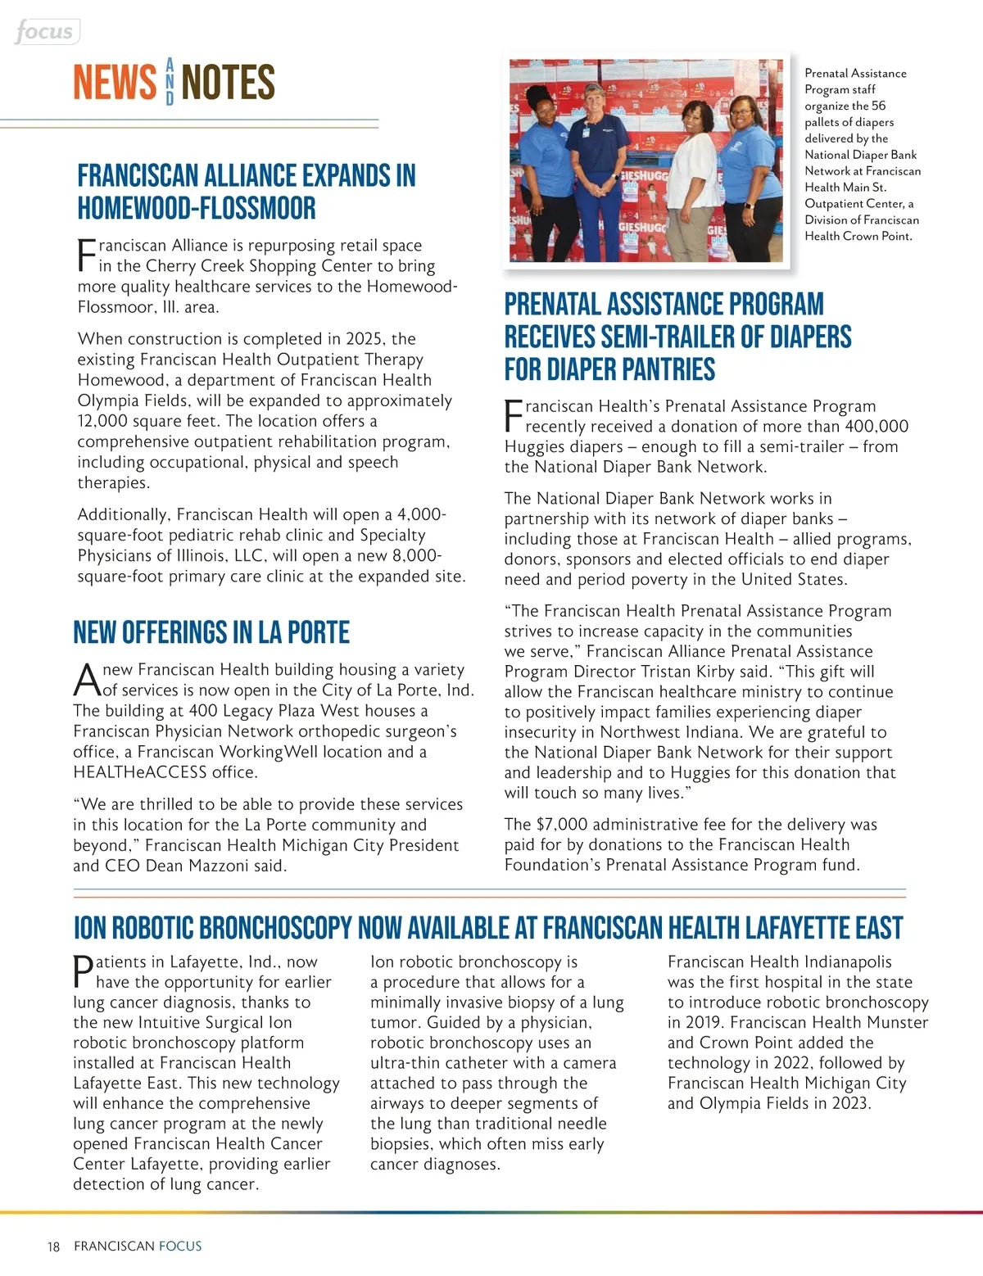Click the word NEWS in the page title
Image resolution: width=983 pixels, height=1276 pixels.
pyautogui.click(x=115, y=83)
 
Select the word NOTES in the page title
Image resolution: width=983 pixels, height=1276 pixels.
pyautogui.click(x=228, y=83)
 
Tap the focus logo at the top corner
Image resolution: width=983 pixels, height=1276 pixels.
pyautogui.click(x=45, y=32)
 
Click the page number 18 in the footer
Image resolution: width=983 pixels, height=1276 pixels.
pyautogui.click(x=54, y=1247)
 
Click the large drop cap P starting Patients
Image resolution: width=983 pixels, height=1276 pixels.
pyautogui.click(x=84, y=971)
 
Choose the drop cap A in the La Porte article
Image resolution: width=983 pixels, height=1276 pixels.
pyautogui.click(x=87, y=679)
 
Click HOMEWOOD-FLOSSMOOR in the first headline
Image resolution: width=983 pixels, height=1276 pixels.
pyautogui.click(x=196, y=208)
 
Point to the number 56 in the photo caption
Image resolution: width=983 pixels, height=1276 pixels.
pyautogui.click(x=878, y=106)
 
